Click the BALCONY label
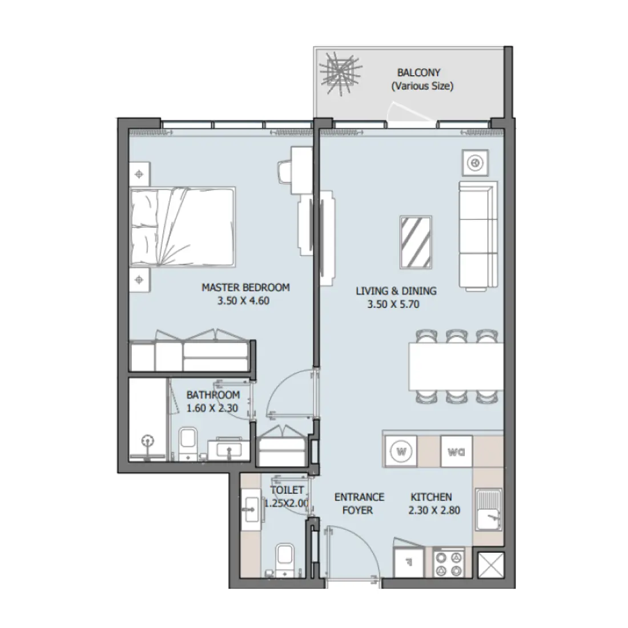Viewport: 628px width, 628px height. pos(419,73)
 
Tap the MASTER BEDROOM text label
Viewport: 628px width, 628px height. pos(245,288)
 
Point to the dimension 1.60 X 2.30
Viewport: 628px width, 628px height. pos(212,408)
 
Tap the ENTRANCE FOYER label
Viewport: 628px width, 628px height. pos(359,503)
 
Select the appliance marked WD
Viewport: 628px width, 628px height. pos(456,452)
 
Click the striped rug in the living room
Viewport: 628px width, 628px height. pos(415,241)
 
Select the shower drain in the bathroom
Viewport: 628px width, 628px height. pos(148,441)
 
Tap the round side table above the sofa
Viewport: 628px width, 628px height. pos(474,163)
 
